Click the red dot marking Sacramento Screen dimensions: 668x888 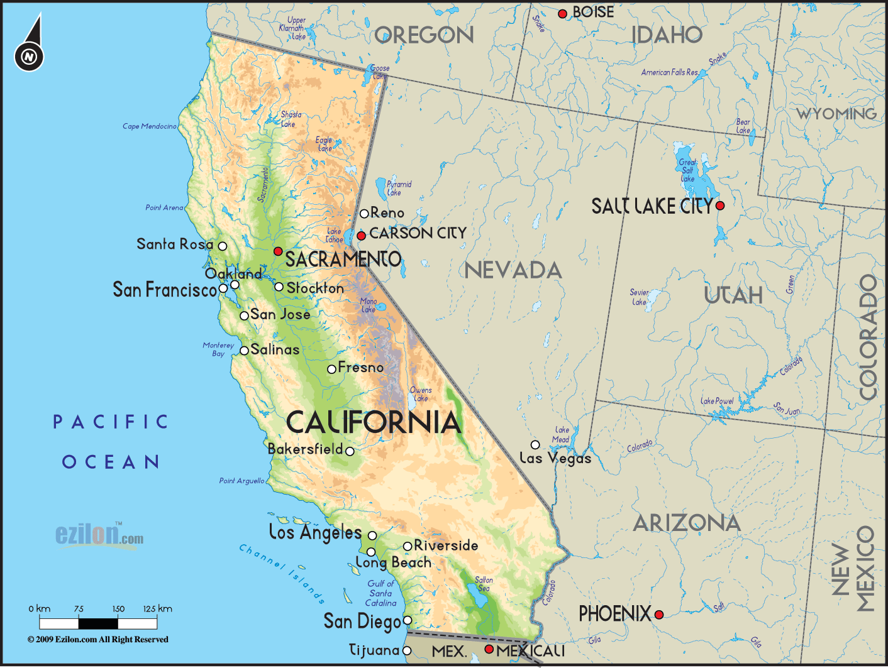278,251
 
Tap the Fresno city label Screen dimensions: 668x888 360,368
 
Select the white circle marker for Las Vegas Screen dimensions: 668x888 535,445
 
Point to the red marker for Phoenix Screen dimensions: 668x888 659,615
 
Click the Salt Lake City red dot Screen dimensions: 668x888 720,205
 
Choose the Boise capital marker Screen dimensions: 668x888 563,14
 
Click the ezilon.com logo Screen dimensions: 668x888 99,535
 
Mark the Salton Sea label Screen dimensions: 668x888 484,584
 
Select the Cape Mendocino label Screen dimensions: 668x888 150,126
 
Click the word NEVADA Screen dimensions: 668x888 513,271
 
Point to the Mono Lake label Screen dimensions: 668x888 369,305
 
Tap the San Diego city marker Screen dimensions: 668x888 408,620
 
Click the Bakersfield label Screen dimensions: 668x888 305,449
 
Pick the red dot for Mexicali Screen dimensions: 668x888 489,649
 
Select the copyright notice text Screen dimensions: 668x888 97,640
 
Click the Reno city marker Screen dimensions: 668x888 364,214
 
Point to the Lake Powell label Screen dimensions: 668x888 718,401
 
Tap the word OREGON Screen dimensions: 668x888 425,36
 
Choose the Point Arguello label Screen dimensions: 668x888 241,481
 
